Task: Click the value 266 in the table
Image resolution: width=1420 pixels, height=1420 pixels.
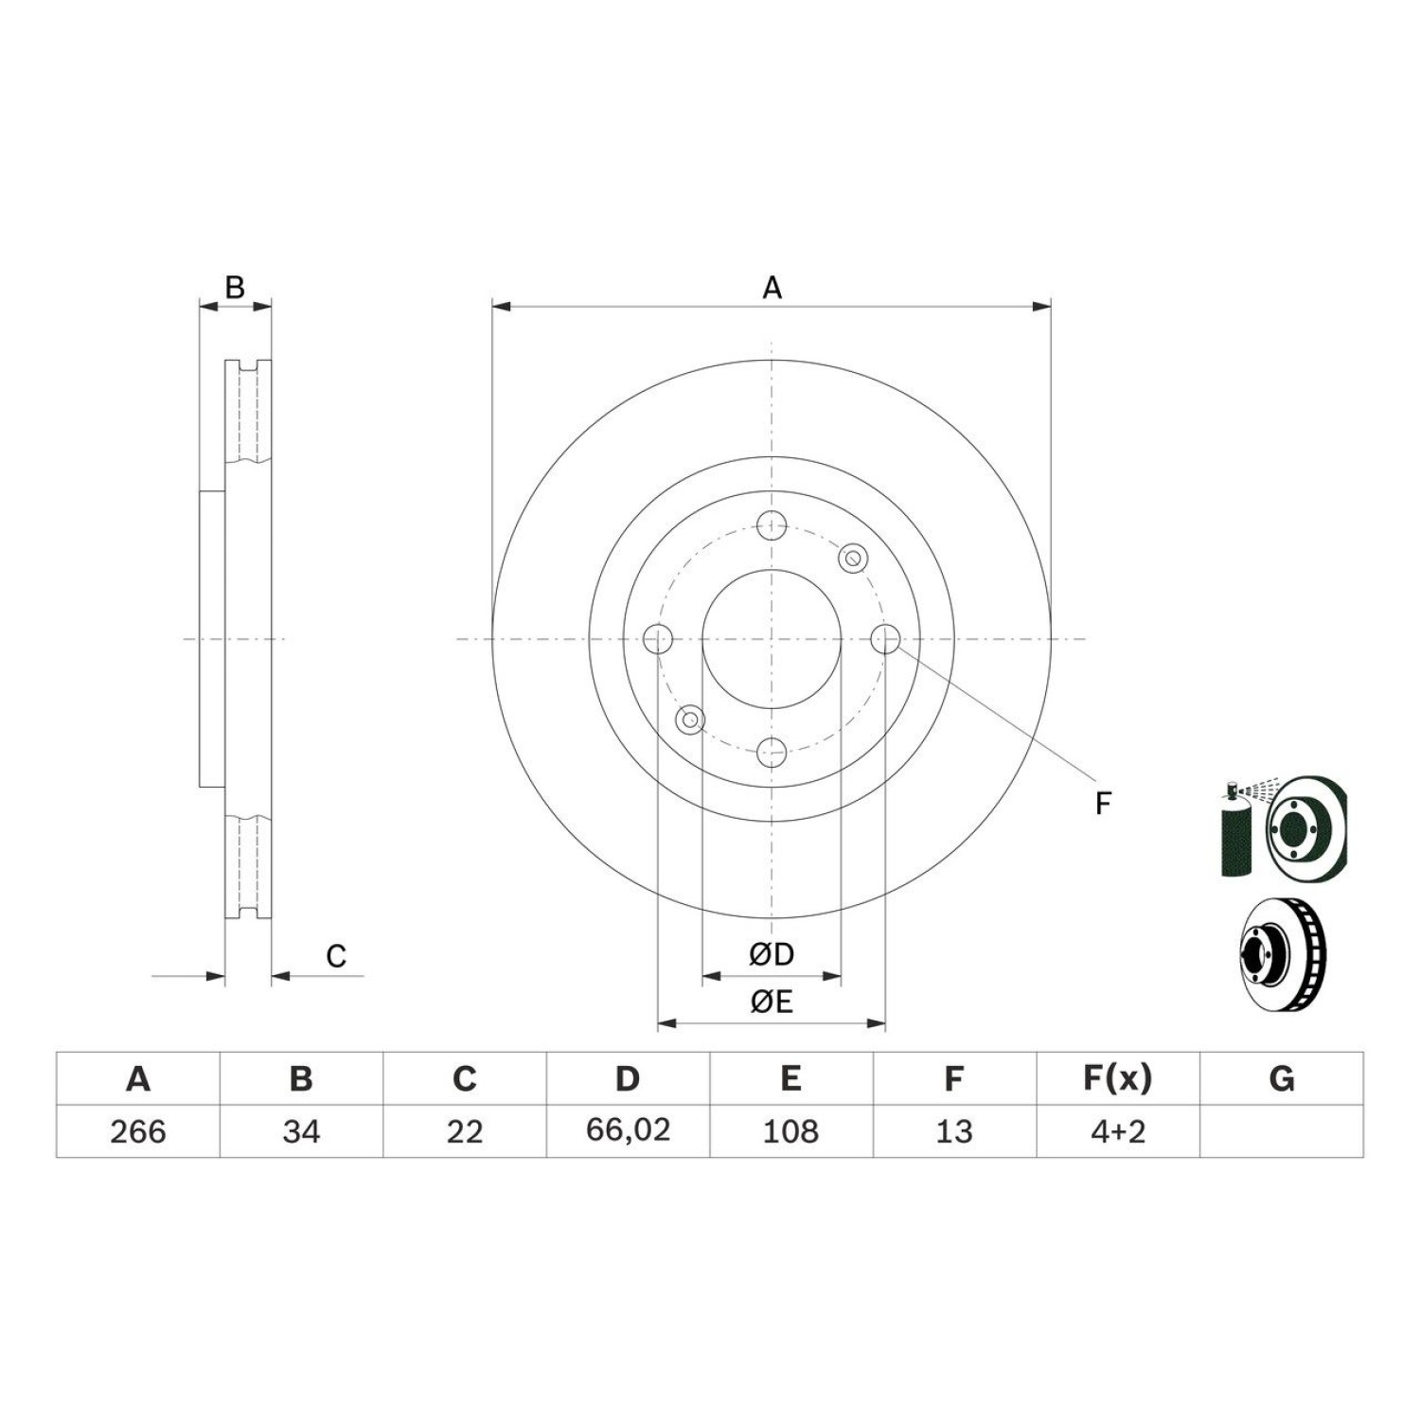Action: [138, 1131]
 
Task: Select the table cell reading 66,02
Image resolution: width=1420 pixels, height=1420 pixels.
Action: [628, 1130]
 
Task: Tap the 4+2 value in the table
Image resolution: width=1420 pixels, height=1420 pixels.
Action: [1118, 1131]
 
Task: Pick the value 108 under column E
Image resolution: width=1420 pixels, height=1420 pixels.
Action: [790, 1131]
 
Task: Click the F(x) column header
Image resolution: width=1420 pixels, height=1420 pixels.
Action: [1118, 1078]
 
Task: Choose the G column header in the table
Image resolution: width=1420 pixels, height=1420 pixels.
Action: [1281, 1078]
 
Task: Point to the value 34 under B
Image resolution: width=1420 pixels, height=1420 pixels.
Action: [301, 1131]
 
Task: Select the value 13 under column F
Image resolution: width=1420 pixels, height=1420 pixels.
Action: [954, 1131]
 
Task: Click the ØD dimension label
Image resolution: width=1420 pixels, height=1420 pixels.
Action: [772, 955]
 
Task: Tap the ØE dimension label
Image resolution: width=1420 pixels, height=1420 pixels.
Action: [772, 1002]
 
